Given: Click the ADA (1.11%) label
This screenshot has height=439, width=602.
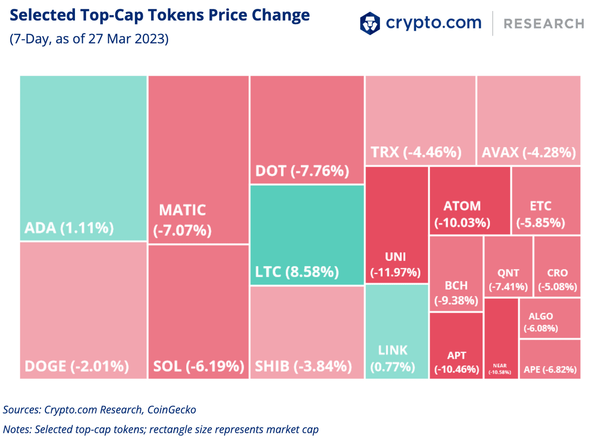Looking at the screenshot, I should (x=69, y=228).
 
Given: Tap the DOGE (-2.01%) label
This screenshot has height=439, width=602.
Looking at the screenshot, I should (x=77, y=366).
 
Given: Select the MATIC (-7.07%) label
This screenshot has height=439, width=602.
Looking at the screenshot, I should (x=182, y=220).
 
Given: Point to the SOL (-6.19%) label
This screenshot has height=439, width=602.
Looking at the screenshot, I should (x=198, y=366).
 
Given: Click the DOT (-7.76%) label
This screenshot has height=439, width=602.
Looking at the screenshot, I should (x=302, y=171).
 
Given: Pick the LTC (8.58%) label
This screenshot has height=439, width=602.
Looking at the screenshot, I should (x=297, y=272).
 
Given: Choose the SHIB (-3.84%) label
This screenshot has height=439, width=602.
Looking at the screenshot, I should (x=303, y=366).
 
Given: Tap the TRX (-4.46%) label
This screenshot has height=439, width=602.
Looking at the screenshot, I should (x=416, y=152).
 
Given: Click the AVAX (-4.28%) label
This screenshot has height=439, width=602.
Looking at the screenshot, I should (x=528, y=152).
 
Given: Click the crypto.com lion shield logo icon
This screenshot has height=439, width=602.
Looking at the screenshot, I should (x=370, y=23).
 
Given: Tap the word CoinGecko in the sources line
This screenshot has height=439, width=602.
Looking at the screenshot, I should (x=171, y=410).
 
